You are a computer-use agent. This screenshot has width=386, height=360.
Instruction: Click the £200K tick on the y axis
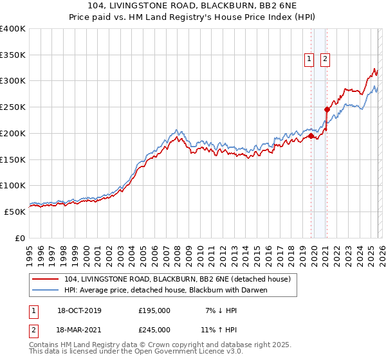tap(13, 133)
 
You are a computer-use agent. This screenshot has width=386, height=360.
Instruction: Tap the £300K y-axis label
tap(13, 81)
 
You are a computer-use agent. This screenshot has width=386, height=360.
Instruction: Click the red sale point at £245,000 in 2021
tap(327, 110)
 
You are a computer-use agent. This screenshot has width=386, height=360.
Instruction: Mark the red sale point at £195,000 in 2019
tap(311, 136)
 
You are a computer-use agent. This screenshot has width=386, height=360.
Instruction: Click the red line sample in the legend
tap(46, 279)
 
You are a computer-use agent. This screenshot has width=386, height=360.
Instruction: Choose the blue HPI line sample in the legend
tap(46, 290)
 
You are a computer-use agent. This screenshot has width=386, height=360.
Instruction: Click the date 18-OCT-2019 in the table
tap(79, 310)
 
